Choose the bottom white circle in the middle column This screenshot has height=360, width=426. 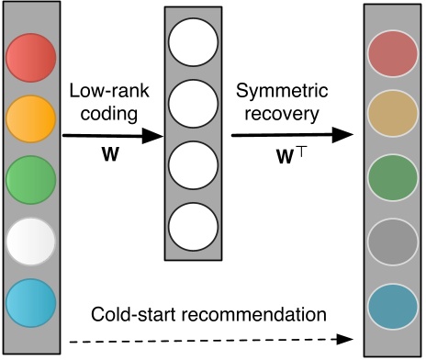tap(194, 224)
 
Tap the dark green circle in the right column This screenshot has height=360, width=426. tap(392, 177)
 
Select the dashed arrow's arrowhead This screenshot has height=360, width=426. tap(353, 338)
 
